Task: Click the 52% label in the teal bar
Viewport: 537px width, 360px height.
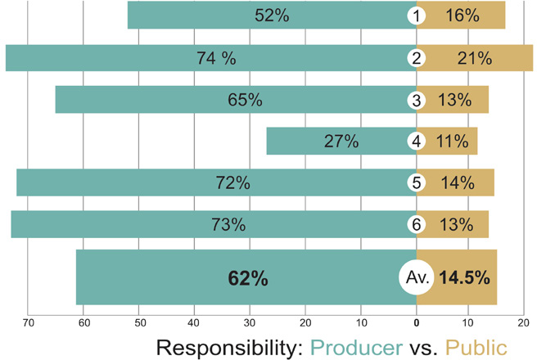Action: (x=271, y=16)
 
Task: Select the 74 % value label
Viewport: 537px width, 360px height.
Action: (x=216, y=58)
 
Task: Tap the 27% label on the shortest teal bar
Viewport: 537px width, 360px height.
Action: (x=341, y=141)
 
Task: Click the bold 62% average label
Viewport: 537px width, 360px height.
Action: (x=248, y=278)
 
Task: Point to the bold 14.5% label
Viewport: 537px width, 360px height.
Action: (x=464, y=278)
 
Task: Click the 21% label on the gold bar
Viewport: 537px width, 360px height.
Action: (x=474, y=58)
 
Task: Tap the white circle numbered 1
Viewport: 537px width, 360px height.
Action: (x=417, y=16)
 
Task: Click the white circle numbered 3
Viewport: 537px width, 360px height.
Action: (x=417, y=100)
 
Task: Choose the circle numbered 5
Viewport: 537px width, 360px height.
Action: (x=417, y=183)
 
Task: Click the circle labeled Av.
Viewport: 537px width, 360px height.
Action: (x=417, y=278)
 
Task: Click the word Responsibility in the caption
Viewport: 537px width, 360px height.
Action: (x=228, y=346)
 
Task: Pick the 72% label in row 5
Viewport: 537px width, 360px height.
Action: (x=232, y=183)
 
